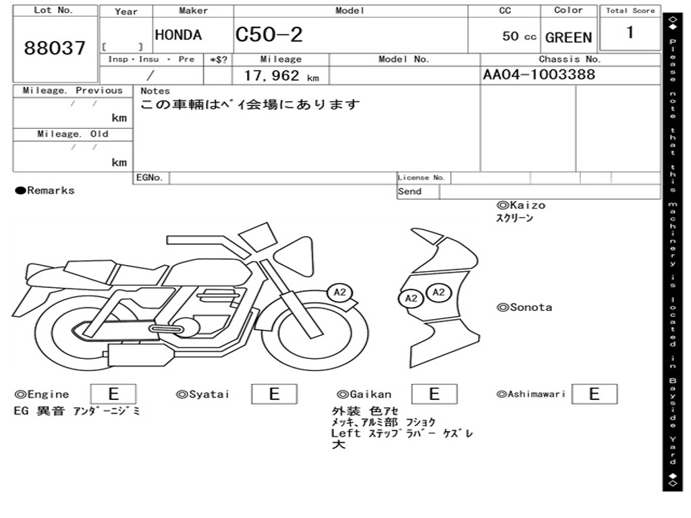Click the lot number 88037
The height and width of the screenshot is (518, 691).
point(55,48)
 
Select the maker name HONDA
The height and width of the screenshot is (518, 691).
point(178,35)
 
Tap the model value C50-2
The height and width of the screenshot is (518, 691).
point(269,34)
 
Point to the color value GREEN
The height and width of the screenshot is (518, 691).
point(568,38)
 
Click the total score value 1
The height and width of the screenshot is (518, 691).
point(630,32)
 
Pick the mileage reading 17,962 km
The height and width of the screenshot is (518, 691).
point(281,76)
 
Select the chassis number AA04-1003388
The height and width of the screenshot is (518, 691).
point(539,74)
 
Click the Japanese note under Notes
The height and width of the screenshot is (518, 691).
point(250,105)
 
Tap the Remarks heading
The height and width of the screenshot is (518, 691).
point(45,190)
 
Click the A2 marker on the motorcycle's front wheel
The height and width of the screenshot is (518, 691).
point(340,292)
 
